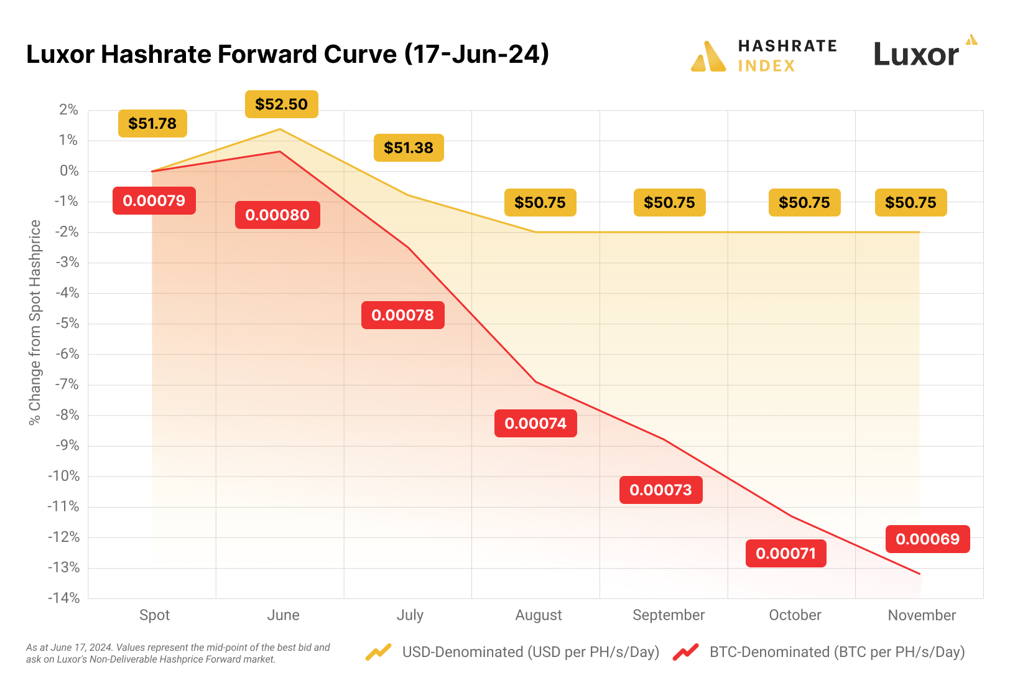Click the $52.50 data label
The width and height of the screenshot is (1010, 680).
(281, 105)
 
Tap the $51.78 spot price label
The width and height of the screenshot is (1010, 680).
(152, 124)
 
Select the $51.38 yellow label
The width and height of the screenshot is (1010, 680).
(409, 148)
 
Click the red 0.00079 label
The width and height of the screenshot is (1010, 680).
(154, 201)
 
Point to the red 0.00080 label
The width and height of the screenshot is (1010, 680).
(277, 215)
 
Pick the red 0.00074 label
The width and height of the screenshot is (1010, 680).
(535, 424)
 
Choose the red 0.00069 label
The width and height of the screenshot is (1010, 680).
(927, 539)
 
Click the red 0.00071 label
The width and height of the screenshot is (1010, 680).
(785, 554)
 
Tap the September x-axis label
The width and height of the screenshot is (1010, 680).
(669, 615)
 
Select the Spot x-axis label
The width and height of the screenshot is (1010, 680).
(154, 615)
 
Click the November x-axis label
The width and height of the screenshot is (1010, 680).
(922, 615)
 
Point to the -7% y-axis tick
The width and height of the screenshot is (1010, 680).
(67, 384)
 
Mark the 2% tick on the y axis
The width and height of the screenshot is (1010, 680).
(69, 110)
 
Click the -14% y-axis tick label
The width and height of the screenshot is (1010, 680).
(65, 598)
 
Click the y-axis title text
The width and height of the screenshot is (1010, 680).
(35, 322)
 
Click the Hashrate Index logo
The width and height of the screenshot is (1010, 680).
(764, 56)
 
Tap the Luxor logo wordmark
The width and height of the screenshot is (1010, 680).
(916, 55)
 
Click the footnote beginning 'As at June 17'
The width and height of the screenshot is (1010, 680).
(178, 653)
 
